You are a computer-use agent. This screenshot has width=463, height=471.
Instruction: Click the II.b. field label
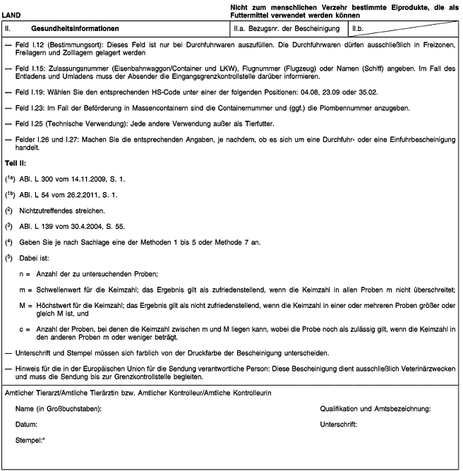361,28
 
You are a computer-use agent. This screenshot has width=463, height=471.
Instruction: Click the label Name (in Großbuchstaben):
59,409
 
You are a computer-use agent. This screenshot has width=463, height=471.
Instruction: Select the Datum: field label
26,424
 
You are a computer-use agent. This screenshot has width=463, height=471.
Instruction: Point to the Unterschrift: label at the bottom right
338,424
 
